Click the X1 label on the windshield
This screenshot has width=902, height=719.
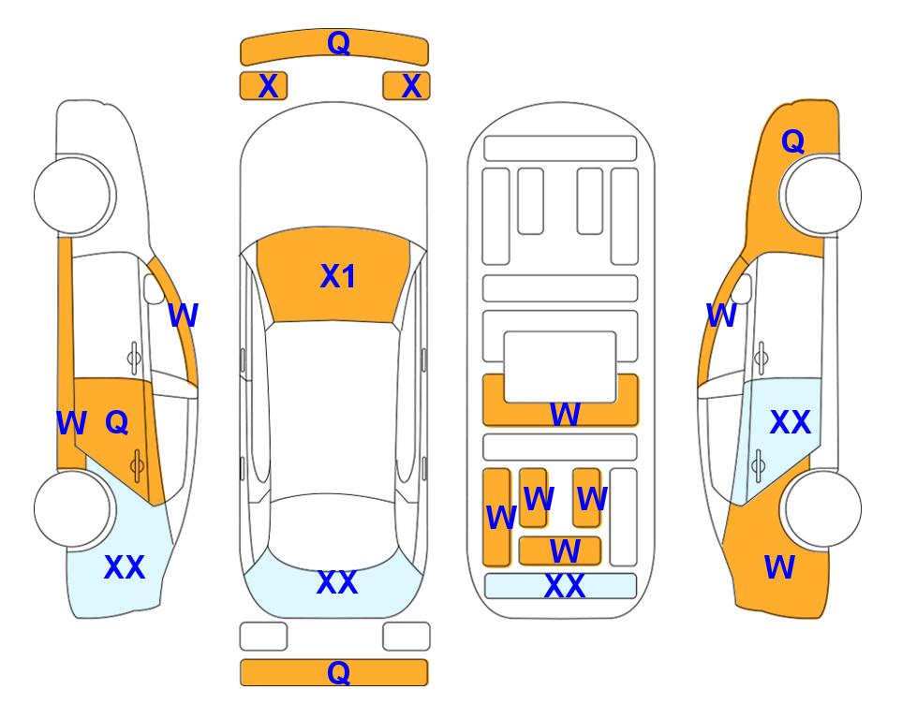coord(338,277)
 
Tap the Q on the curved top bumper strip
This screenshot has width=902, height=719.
coord(339,43)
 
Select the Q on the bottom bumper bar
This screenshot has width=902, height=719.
coord(339,672)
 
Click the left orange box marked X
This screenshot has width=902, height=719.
coord(263,86)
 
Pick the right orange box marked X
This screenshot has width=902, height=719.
coord(407,86)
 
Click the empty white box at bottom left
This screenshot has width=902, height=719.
coord(263,637)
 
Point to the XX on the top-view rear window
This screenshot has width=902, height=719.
coord(337,582)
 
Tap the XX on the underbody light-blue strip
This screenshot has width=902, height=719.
coord(564,586)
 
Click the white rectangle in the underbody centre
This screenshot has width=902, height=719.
coord(560,367)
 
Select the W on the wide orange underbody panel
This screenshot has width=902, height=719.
coord(565,414)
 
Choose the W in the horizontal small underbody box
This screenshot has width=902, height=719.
coord(565,551)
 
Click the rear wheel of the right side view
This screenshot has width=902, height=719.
coord(822,508)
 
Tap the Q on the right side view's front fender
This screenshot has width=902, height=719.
coord(792,141)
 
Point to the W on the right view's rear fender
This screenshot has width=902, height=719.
coord(779,567)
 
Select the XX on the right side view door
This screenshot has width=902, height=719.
coord(791,422)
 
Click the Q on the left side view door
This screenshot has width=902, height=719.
coord(117,423)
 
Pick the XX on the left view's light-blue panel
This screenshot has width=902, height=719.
coord(125,567)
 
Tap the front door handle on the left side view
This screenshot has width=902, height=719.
coord(134,358)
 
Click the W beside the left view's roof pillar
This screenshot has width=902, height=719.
coord(184,315)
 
